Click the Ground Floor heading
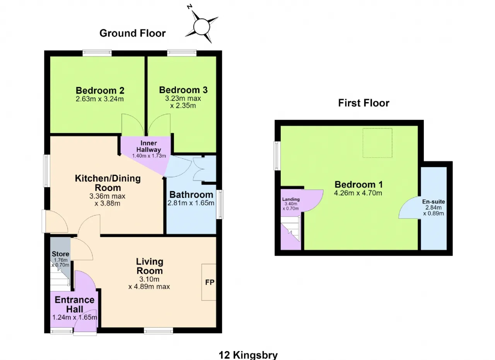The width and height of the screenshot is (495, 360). (x=132, y=33)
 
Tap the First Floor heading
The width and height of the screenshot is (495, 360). (x=364, y=103)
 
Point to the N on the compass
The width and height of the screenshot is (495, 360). (x=189, y=7)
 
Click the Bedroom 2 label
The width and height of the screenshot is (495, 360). (x=100, y=90)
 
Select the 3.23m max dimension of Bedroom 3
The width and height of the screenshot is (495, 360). (x=183, y=98)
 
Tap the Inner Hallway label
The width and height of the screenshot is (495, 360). (x=148, y=146)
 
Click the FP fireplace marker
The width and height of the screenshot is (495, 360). (x=210, y=282)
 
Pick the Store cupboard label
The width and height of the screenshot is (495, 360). (x=60, y=254)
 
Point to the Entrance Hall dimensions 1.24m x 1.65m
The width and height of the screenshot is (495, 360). (x=75, y=317)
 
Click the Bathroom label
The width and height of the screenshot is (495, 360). (x=191, y=195)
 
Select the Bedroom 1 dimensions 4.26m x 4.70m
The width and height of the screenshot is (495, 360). (x=358, y=193)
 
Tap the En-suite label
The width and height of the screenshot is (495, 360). (x=434, y=201)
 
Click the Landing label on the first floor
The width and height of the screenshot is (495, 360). (x=291, y=199)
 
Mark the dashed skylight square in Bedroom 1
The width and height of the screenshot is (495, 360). (x=377, y=143)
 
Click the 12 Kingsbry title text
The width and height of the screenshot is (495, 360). (x=248, y=355)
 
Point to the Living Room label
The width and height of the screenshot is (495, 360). (x=150, y=266)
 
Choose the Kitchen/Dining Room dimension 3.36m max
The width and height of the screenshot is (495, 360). (x=108, y=196)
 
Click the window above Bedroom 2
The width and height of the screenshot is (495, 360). (x=97, y=53)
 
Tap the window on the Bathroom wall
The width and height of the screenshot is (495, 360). (x=219, y=205)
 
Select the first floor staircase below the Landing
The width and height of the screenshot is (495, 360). (x=290, y=229)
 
